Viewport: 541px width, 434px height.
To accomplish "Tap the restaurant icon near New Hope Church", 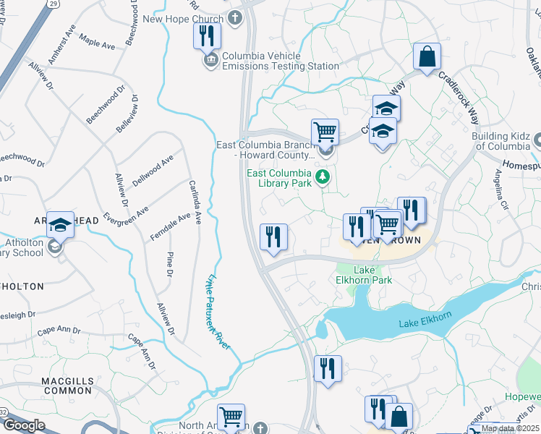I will click(207, 35).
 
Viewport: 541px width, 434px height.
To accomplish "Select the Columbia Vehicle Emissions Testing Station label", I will click(281, 61).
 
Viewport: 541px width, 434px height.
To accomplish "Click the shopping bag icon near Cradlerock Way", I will click(427, 57).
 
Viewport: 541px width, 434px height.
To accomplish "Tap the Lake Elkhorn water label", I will click(425, 323).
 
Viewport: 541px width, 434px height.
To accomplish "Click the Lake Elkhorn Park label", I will click(365, 275).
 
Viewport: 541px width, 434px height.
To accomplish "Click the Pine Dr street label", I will click(169, 264).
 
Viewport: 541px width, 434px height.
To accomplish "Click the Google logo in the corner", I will click(23, 425).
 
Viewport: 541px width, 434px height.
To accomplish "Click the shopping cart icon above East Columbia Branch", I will click(325, 132).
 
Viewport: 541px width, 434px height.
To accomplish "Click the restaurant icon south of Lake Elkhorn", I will click(328, 369).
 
